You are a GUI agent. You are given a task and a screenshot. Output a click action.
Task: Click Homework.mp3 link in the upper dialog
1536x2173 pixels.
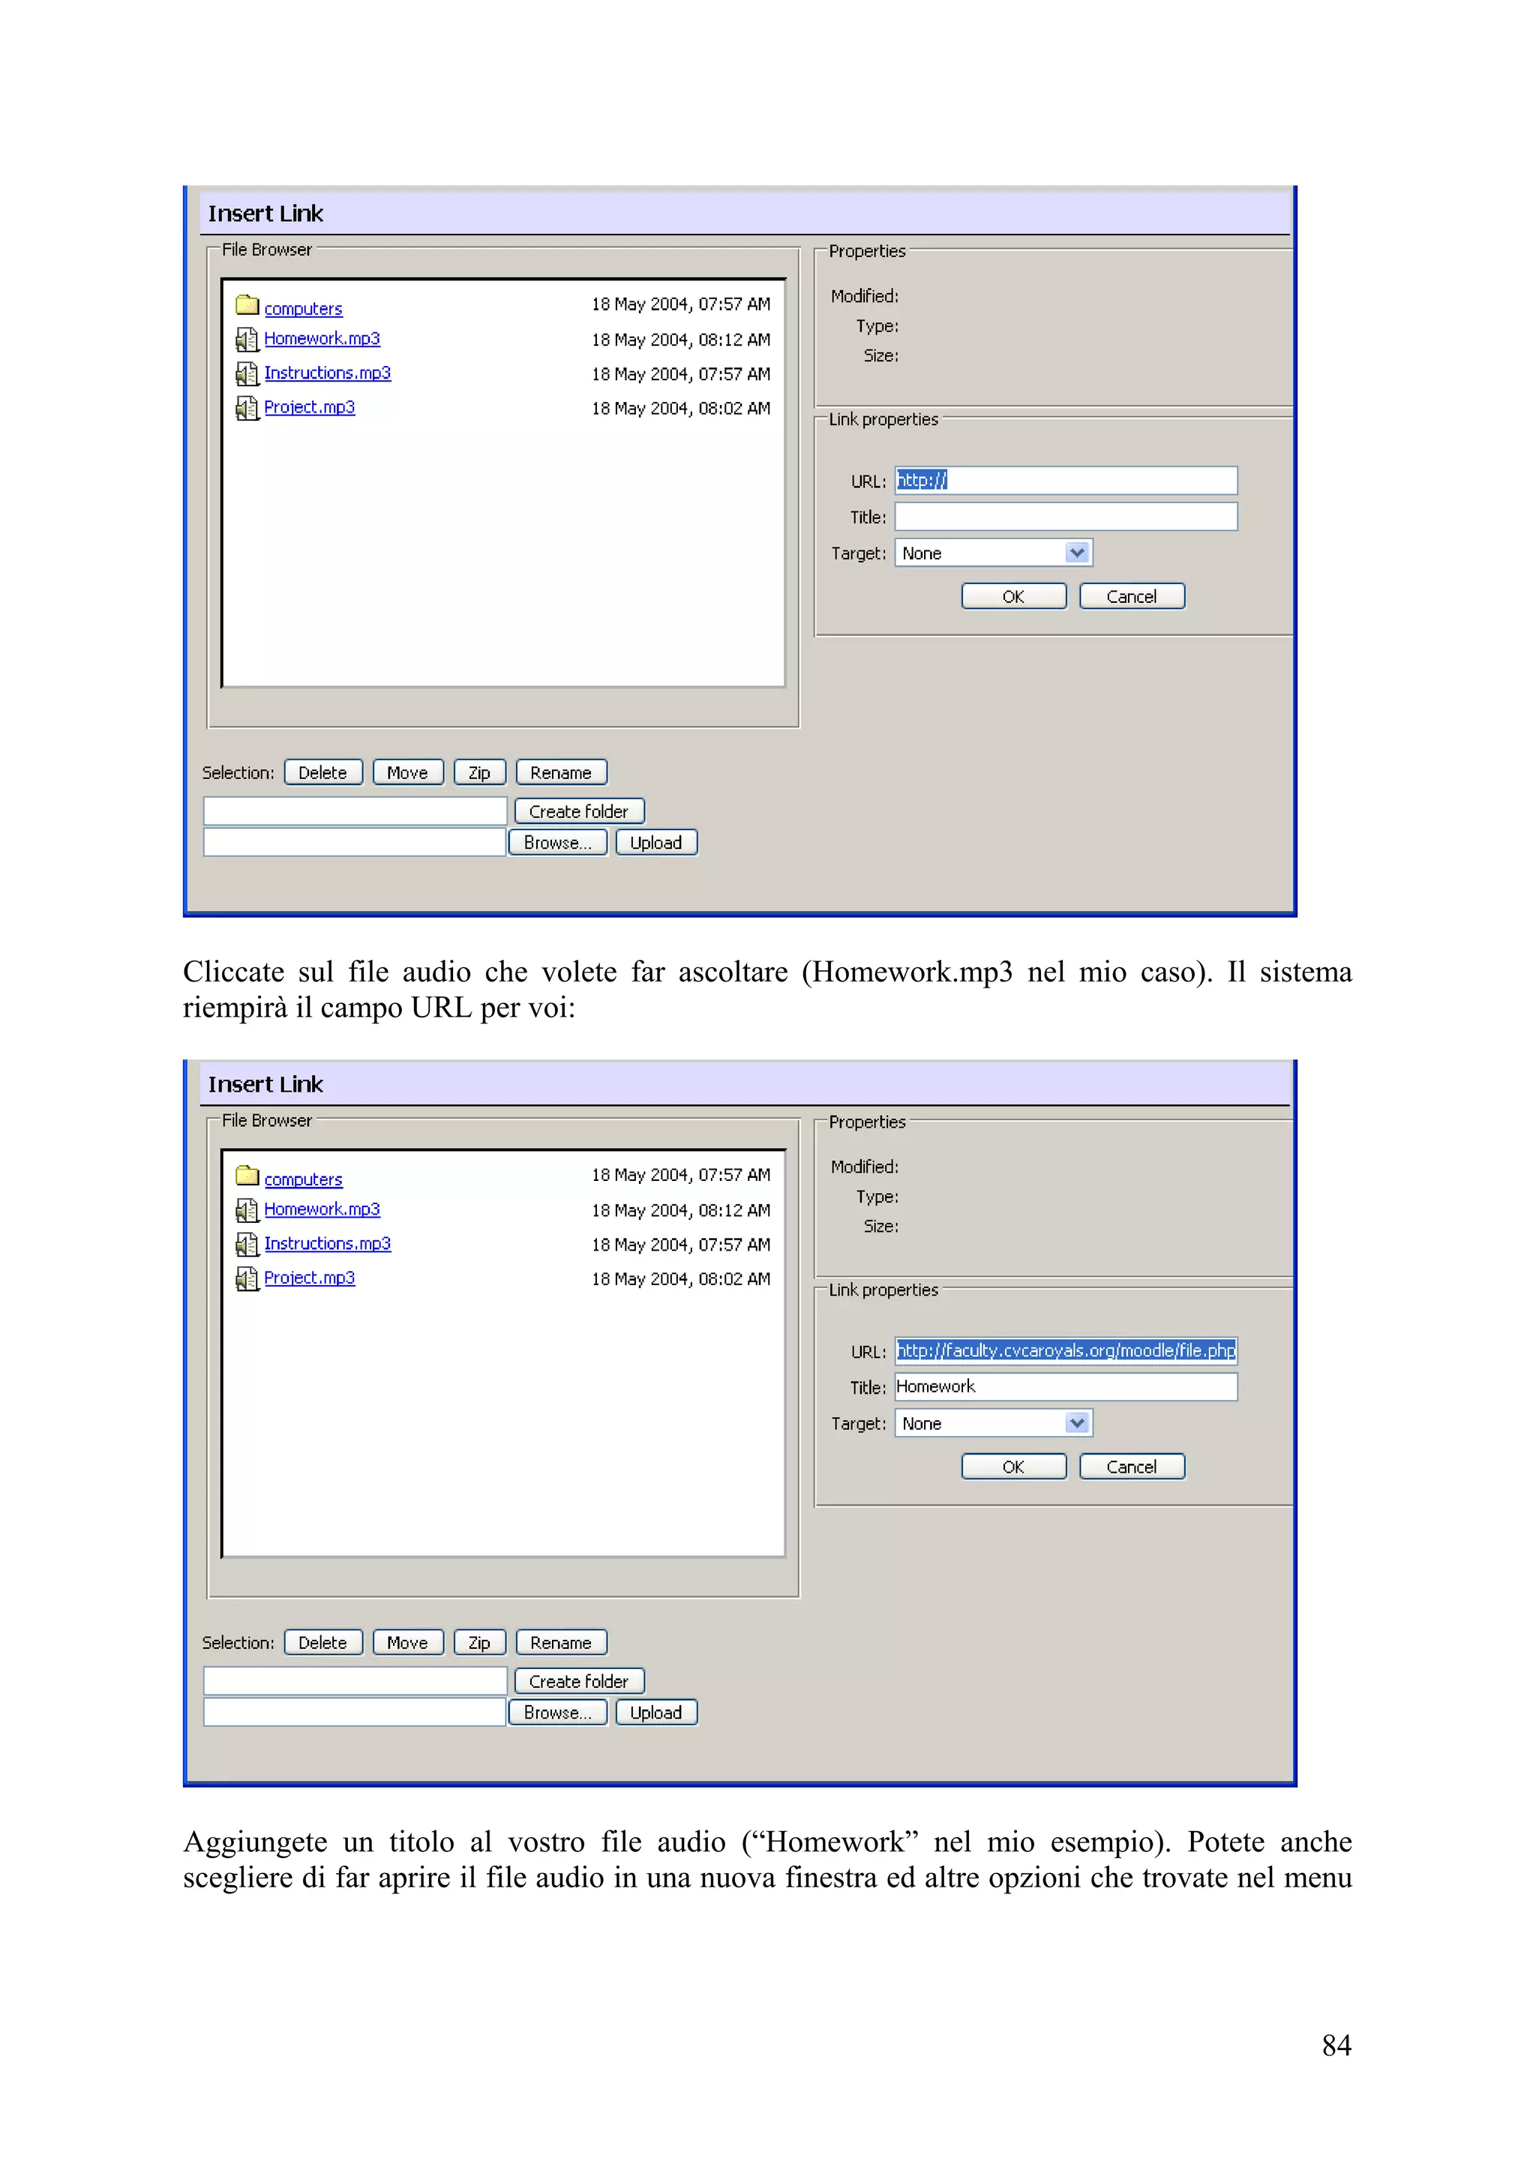click(322, 339)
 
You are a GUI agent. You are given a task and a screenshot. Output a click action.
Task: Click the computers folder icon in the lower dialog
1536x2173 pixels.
click(247, 1176)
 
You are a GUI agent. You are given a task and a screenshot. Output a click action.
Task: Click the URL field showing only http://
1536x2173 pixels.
click(1066, 481)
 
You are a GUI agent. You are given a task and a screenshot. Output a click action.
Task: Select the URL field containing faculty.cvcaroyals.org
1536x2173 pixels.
click(1066, 1350)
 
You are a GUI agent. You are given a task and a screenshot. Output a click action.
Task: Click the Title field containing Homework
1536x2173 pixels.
click(1066, 1386)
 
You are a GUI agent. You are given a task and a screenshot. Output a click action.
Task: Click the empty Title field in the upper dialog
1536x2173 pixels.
click(1066, 517)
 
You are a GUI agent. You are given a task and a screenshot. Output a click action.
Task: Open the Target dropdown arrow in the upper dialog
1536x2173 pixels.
click(1077, 553)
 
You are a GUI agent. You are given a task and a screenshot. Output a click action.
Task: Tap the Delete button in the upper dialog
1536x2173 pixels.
click(322, 772)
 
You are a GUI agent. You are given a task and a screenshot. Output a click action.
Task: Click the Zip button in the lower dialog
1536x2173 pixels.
click(480, 1643)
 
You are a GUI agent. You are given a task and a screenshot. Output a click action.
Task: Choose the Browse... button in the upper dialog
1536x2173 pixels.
click(557, 842)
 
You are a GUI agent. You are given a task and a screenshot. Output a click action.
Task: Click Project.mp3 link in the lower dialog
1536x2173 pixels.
click(310, 1278)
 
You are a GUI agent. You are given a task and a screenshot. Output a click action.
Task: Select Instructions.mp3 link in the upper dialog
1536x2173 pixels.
click(328, 373)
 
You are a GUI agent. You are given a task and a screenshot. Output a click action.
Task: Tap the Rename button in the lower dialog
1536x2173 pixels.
click(561, 1643)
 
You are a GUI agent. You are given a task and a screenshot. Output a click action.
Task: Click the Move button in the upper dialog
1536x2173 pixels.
click(408, 772)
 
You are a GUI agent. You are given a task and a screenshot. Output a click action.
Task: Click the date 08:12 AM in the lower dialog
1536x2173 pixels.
click(680, 1210)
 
